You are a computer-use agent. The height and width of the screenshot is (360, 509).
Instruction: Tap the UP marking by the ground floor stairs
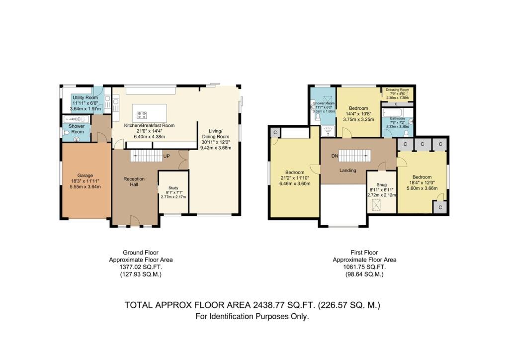pos(168,156)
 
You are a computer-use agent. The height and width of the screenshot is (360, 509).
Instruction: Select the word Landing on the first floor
pos(348,171)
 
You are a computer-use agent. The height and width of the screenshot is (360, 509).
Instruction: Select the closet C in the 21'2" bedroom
pos(275,132)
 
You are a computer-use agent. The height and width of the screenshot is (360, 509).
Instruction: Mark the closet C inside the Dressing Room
pos(396,104)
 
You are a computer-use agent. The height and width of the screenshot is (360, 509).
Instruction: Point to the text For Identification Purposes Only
pos(253,316)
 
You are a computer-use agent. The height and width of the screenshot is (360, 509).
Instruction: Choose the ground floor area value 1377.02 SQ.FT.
pos(141,267)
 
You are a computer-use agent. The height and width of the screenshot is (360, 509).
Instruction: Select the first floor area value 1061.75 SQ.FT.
pos(364,267)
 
